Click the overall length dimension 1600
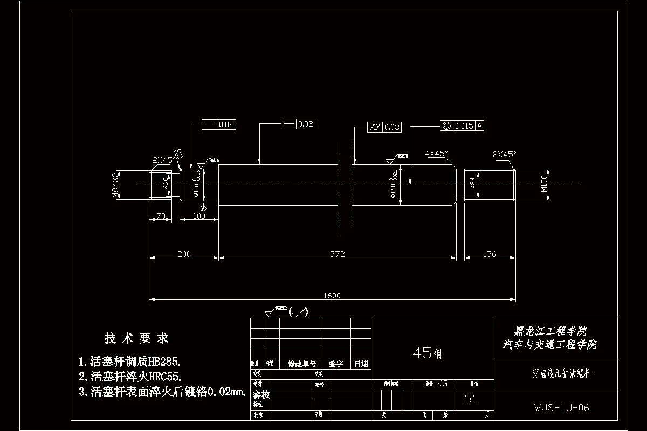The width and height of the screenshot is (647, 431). [x=332, y=295]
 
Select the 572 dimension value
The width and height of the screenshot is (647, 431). [x=337, y=254]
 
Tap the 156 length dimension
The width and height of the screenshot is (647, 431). [x=489, y=254]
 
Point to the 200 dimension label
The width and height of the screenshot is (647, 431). [x=183, y=254]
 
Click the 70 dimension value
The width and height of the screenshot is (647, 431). [x=160, y=215]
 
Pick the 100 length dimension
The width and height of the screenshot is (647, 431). [x=199, y=215]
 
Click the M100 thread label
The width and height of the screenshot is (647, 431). [x=544, y=184]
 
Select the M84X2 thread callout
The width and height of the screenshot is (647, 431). [x=115, y=185]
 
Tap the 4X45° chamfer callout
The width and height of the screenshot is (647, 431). [x=436, y=154]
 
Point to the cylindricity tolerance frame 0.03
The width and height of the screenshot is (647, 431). [x=384, y=127]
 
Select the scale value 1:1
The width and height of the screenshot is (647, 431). [x=470, y=400]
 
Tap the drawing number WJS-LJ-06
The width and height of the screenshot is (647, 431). [x=561, y=408]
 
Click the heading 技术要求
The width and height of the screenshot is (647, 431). [x=137, y=338]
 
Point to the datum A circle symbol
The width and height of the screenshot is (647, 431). [x=203, y=208]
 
